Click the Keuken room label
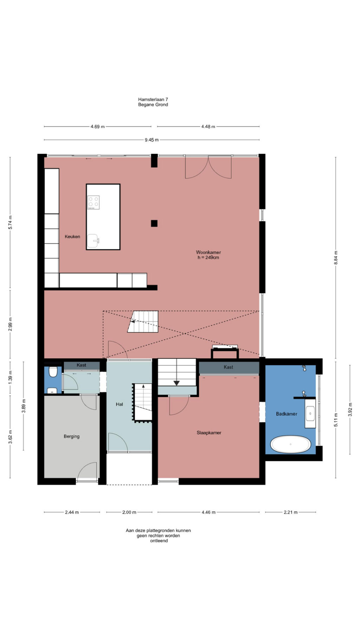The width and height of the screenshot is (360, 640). (x=72, y=237)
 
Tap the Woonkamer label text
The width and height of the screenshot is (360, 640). (x=208, y=252)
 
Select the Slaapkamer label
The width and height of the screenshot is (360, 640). (x=209, y=433)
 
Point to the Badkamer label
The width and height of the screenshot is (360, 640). (x=287, y=414)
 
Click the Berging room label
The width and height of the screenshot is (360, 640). (x=72, y=436)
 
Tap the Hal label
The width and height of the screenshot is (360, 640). (x=120, y=404)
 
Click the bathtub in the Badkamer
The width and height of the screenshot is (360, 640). (x=291, y=444)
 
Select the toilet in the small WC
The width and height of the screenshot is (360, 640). (x=53, y=372)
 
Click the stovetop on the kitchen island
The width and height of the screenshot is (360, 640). (x=94, y=203)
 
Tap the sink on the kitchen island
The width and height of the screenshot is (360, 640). (x=93, y=241)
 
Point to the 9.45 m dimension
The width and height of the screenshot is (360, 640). (x=152, y=140)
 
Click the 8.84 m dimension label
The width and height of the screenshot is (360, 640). (x=336, y=258)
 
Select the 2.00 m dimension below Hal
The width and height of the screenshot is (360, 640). (x=129, y=512)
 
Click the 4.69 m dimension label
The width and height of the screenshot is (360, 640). (x=97, y=127)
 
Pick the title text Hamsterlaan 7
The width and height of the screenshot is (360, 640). (x=153, y=100)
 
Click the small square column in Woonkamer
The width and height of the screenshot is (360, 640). (x=154, y=223)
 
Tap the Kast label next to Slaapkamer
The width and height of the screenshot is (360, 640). (x=229, y=367)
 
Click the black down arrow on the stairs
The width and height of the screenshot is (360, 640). (x=176, y=383)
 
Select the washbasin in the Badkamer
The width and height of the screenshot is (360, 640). (x=310, y=414)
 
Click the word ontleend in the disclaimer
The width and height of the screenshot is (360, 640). (x=159, y=541)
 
